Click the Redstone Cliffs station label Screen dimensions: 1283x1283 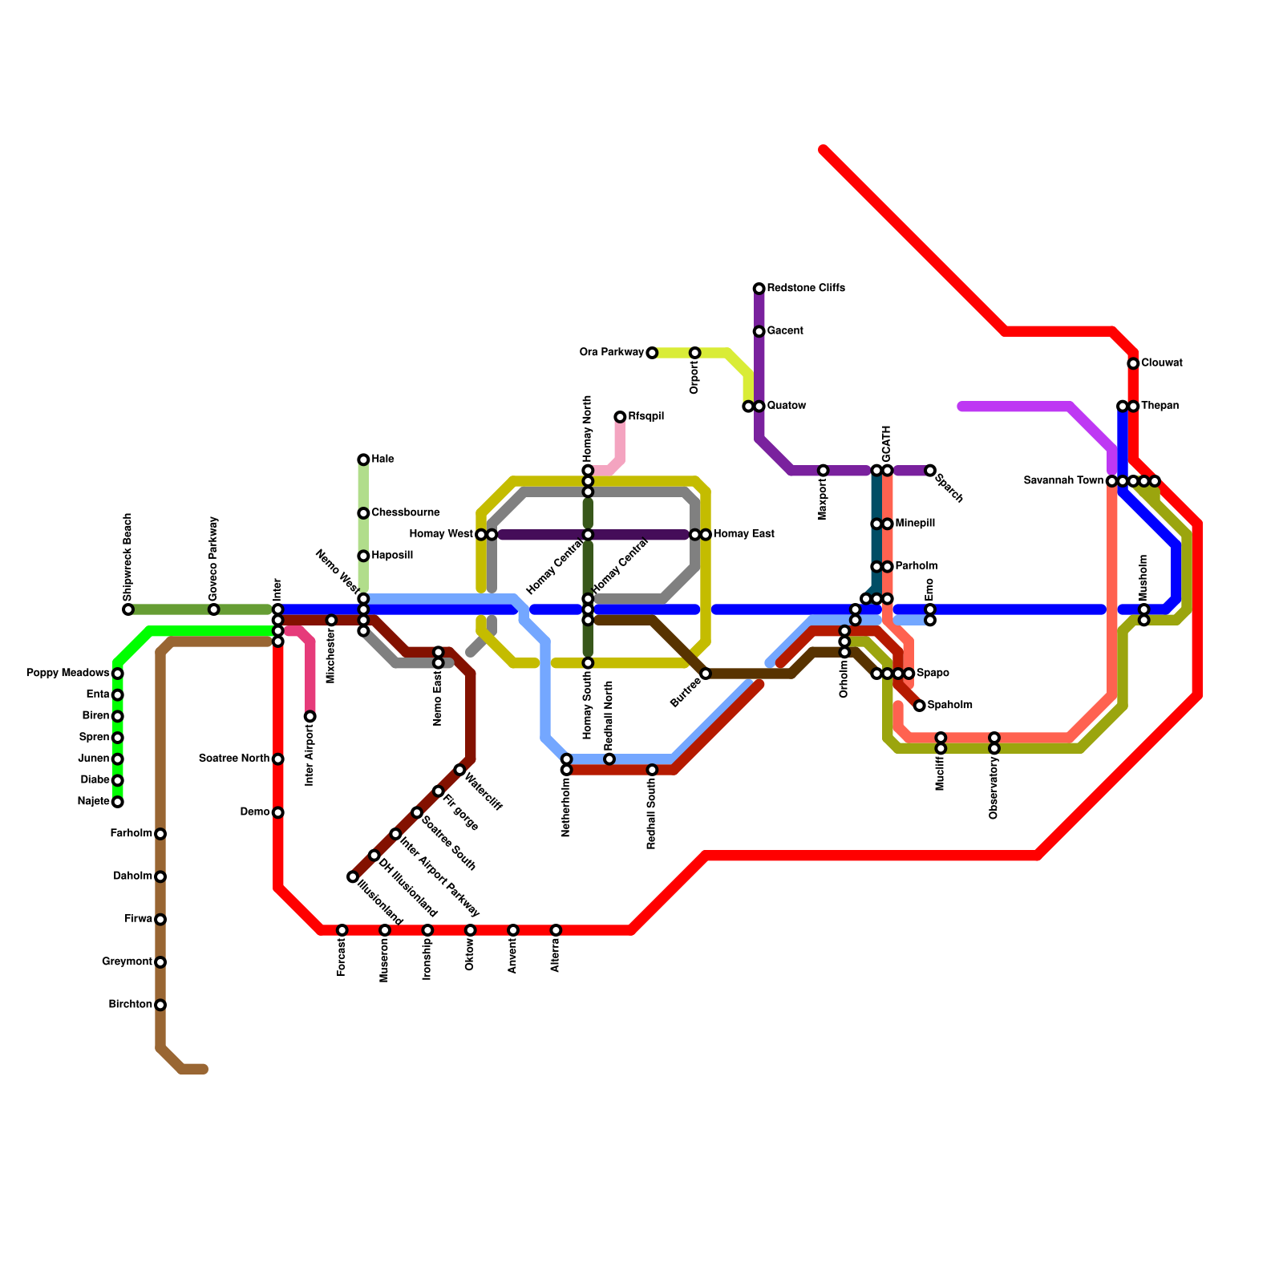(805, 288)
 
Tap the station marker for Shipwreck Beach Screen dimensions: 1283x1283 (128, 609)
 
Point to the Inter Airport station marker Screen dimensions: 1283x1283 (310, 716)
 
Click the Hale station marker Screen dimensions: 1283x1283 (363, 459)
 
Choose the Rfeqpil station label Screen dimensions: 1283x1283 (646, 417)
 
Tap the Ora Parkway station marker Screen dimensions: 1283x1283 (652, 353)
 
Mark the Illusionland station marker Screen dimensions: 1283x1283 (353, 877)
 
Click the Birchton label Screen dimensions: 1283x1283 (130, 1005)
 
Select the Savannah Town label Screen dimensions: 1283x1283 (1063, 481)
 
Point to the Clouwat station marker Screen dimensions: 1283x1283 (1133, 363)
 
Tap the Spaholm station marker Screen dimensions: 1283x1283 (920, 706)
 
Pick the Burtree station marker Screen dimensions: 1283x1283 (706, 674)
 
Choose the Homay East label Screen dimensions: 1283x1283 (743, 534)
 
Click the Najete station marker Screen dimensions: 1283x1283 (118, 802)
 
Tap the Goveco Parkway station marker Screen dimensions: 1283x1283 (214, 609)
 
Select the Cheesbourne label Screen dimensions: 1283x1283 (405, 513)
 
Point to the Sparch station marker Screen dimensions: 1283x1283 (930, 471)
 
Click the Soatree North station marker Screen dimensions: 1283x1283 (277, 759)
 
